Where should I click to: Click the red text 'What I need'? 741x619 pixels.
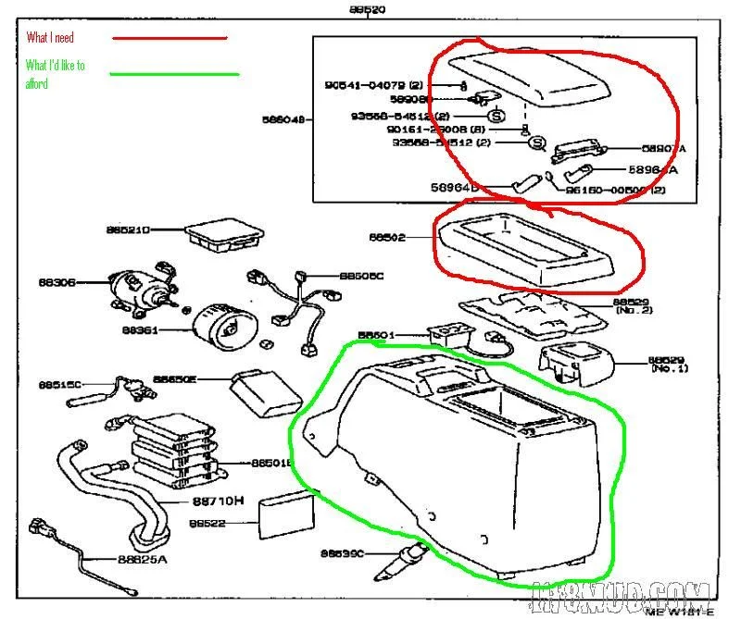click(50, 38)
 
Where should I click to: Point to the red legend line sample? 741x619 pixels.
click(169, 38)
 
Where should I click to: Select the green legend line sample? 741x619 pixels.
click(174, 74)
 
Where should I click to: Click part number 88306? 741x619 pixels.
click(58, 282)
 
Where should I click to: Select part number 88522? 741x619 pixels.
click(208, 523)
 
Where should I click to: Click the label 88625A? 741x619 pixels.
click(143, 559)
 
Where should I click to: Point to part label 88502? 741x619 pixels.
click(388, 238)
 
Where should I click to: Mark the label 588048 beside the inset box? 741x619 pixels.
click(283, 118)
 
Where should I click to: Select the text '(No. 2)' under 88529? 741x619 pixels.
click(639, 311)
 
